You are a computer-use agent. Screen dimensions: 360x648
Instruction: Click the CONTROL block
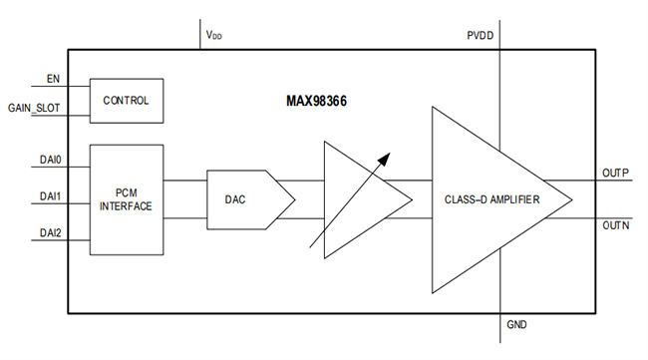click(x=126, y=101)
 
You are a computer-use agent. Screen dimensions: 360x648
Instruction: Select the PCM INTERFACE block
click(x=126, y=198)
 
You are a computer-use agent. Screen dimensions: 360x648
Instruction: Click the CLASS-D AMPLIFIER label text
click(x=492, y=200)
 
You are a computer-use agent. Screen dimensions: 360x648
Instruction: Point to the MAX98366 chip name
click(x=318, y=102)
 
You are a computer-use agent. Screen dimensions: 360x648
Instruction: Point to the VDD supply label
click(x=214, y=35)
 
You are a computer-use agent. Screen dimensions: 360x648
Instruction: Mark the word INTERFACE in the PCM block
click(x=126, y=206)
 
